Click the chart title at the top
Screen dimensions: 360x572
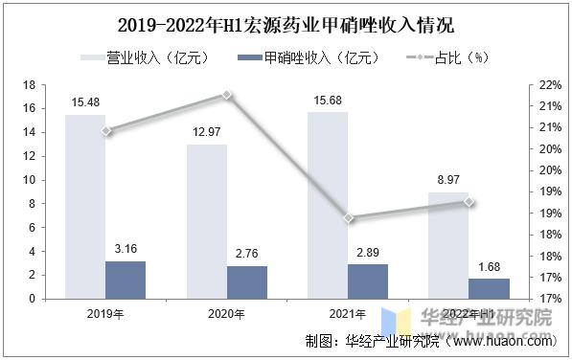tap(286, 24)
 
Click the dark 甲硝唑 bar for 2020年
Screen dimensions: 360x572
tap(247, 281)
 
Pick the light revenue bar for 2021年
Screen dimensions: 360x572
tap(328, 205)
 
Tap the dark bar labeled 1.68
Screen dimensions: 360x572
tap(489, 288)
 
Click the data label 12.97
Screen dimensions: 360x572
tap(207, 134)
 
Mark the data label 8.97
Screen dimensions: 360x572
tap(448, 181)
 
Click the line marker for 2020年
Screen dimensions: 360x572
tap(227, 94)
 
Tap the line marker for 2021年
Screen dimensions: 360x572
tap(349, 218)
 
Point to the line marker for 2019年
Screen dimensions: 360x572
tap(106, 130)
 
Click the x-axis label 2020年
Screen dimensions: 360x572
tap(227, 313)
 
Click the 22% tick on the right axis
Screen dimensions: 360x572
tap(549, 85)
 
